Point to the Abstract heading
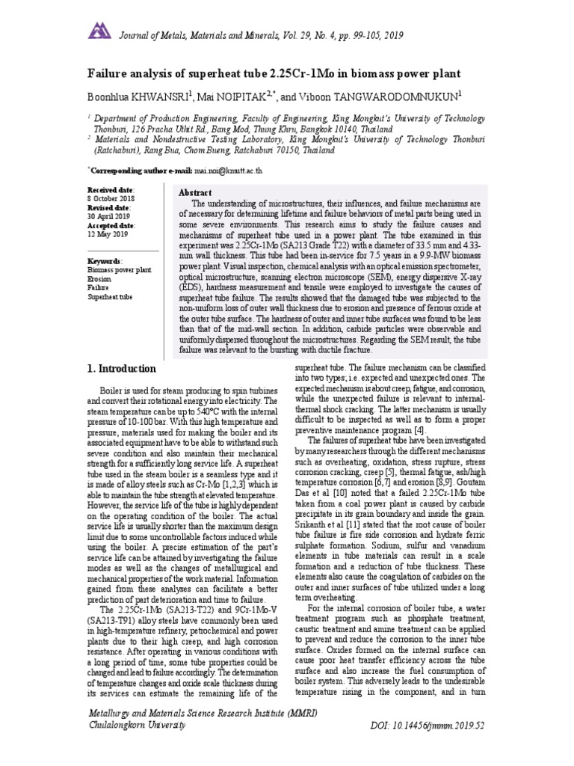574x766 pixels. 196,193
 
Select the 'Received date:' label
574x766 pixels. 112,191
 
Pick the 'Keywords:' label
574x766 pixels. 105,260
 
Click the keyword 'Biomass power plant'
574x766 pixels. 120,269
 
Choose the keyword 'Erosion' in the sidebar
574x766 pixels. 99,278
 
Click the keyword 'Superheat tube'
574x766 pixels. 110,296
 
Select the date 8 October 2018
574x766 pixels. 112,199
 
